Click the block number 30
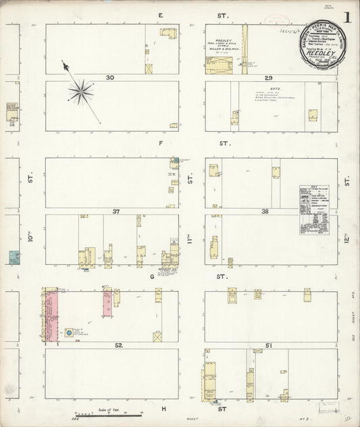[x=109, y=78]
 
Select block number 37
[x=116, y=211]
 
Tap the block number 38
[x=265, y=211]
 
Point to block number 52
[x=118, y=345]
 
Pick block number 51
[x=268, y=345]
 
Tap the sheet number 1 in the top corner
[x=346, y=17]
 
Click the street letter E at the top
[x=161, y=15]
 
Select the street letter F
[x=161, y=144]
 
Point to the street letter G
[x=161, y=277]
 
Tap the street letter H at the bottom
[x=163, y=409]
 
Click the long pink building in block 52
[x=51, y=316]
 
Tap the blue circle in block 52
[x=69, y=333]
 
